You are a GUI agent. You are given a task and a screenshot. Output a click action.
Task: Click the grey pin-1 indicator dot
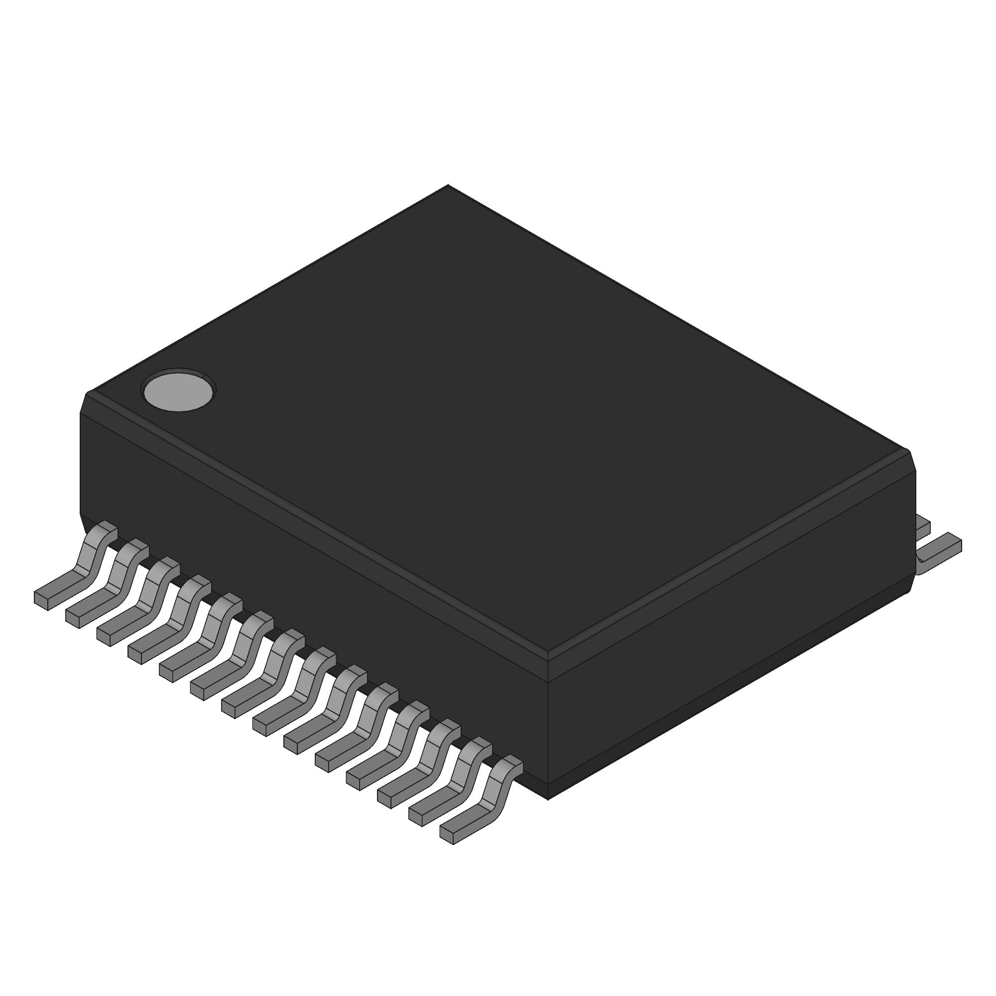(x=178, y=391)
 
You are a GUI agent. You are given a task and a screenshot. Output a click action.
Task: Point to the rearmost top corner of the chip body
(x=448, y=185)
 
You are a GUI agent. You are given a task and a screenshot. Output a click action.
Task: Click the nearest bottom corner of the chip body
(x=547, y=799)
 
